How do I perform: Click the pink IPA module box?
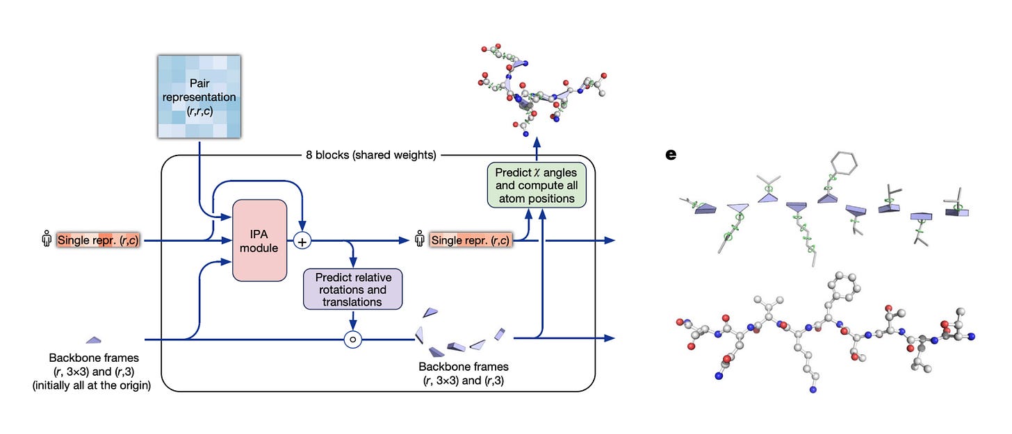tap(259, 240)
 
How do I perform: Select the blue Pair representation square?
tap(199, 97)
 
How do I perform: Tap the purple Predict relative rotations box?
tap(353, 289)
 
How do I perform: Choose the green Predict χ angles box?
tap(537, 185)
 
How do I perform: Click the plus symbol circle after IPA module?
tap(302, 241)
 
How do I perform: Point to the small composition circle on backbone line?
tap(353, 340)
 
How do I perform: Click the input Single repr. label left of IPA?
tap(98, 240)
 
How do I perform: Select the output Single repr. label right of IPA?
tap(471, 240)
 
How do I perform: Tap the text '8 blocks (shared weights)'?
tap(371, 155)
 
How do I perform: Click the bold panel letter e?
tap(671, 155)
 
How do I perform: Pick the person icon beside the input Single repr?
tap(46, 239)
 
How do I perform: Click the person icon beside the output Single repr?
tap(420, 239)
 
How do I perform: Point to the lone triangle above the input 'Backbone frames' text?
tap(94, 340)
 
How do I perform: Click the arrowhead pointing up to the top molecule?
tap(537, 143)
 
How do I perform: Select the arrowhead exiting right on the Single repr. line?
tap(610, 240)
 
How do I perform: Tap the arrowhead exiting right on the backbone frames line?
tap(610, 338)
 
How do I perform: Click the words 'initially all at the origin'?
tap(92, 385)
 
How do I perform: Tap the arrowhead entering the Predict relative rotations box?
tap(353, 262)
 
